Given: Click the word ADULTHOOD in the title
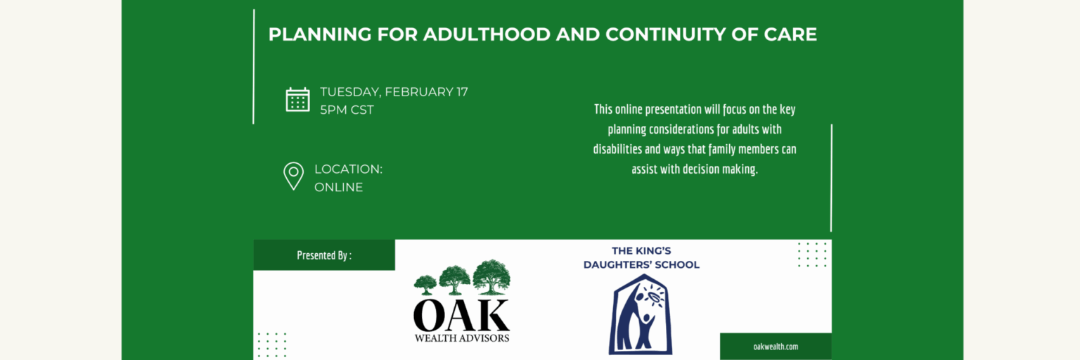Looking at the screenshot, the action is [487, 34].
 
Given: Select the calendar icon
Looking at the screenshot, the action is [297, 100].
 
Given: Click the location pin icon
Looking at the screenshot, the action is [293, 176].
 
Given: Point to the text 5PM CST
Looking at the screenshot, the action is [347, 110].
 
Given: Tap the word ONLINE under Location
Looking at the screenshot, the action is [338, 187].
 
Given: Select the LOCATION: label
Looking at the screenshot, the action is [348, 169].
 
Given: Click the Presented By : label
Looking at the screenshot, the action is [324, 255].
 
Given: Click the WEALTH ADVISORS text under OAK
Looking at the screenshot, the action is [462, 338].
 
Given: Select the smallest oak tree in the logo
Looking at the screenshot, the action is [425, 285].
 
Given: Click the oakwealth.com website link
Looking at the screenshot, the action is [776, 347].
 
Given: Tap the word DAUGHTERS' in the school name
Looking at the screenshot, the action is [618, 264].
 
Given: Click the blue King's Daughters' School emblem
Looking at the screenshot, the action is [641, 314].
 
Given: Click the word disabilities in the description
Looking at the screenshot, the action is [617, 149].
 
